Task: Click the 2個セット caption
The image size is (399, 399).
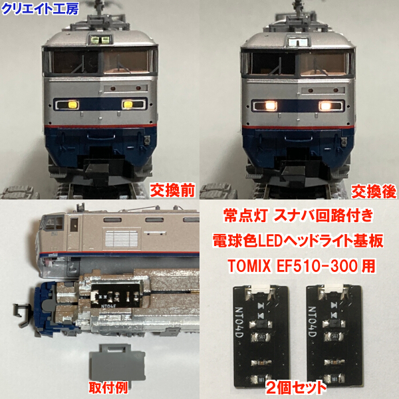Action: coord(297,386)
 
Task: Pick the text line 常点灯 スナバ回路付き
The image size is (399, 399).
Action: coord(299,216)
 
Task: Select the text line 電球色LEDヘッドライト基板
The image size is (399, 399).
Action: coord(299,241)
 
